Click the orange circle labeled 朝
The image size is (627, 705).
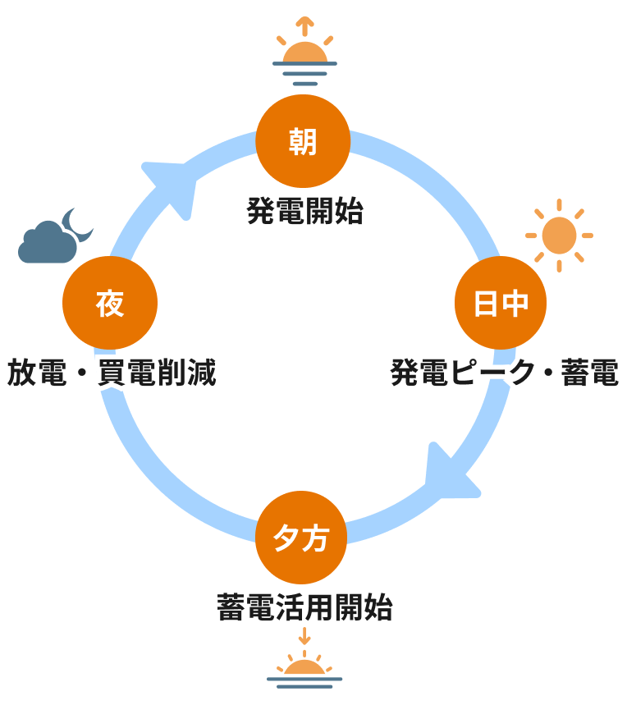click(304, 142)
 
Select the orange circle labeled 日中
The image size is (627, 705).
click(501, 304)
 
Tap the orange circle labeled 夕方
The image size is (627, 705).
click(304, 539)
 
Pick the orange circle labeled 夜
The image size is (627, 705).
click(110, 304)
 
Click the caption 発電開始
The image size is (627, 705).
click(304, 213)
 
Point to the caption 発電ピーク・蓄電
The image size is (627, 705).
click(504, 373)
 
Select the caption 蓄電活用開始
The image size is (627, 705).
click(304, 609)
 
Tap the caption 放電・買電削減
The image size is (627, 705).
click(112, 373)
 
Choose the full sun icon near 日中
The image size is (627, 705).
click(559, 235)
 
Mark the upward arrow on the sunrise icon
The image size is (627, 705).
click(304, 25)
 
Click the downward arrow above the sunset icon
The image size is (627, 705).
click(304, 637)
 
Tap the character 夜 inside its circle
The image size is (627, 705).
click(110, 304)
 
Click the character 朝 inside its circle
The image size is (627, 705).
click(304, 142)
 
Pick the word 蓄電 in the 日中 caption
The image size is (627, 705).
click(589, 373)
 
